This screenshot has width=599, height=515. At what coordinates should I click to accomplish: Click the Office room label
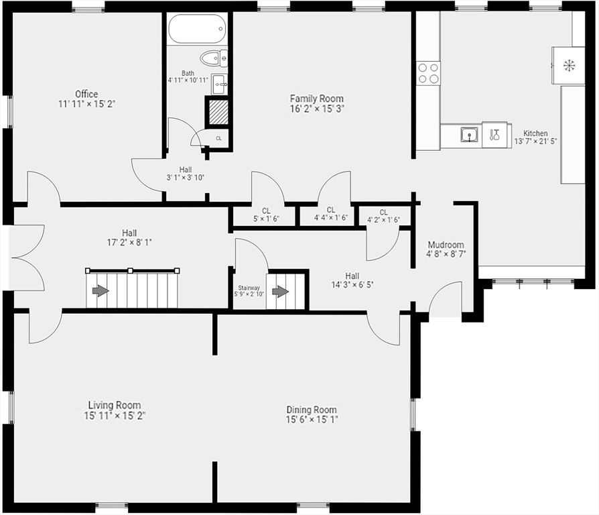tap(86, 94)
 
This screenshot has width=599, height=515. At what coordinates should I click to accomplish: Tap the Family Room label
tap(316, 99)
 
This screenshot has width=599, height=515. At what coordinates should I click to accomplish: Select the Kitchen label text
tap(535, 133)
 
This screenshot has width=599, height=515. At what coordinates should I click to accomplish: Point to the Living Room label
tap(115, 405)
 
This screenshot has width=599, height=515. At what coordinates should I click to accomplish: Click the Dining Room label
tap(312, 410)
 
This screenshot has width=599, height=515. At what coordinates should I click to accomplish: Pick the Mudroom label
tap(446, 245)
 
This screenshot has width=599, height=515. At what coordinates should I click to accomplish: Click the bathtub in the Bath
tap(197, 30)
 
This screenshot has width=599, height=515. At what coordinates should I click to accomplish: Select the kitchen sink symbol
tap(470, 135)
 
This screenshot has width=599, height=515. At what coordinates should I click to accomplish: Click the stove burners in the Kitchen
tap(429, 72)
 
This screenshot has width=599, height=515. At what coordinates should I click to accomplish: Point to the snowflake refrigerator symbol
tap(569, 65)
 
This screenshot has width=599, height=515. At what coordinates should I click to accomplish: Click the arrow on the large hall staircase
tap(100, 290)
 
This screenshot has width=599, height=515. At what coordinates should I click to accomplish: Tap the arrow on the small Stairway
tap(280, 292)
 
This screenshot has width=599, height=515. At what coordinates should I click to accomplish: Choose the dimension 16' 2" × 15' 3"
tap(316, 108)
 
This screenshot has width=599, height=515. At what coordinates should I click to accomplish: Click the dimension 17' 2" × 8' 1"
tap(125, 242)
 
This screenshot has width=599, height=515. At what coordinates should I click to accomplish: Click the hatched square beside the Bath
tap(216, 112)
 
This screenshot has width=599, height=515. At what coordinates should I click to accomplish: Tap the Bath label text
tap(188, 73)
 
